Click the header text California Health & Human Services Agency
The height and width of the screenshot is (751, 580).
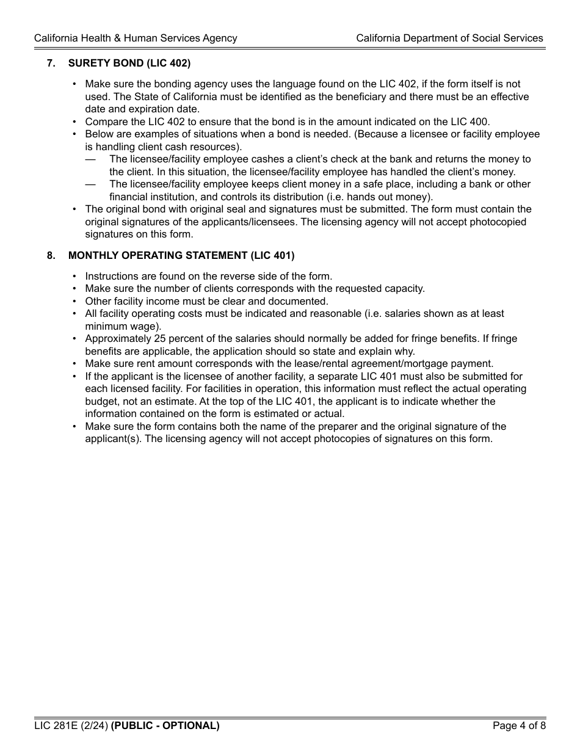[136, 38]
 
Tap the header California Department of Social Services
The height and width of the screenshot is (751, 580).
[449, 38]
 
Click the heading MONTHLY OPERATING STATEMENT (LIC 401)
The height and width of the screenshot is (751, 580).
[181, 255]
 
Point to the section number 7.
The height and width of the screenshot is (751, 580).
[51, 63]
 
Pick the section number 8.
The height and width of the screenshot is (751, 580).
[51, 255]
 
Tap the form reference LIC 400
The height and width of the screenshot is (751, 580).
[469, 122]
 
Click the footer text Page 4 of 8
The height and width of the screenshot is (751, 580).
[519, 726]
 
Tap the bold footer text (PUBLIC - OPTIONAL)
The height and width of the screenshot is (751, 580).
[165, 726]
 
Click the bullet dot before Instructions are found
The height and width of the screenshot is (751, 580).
[74, 276]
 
